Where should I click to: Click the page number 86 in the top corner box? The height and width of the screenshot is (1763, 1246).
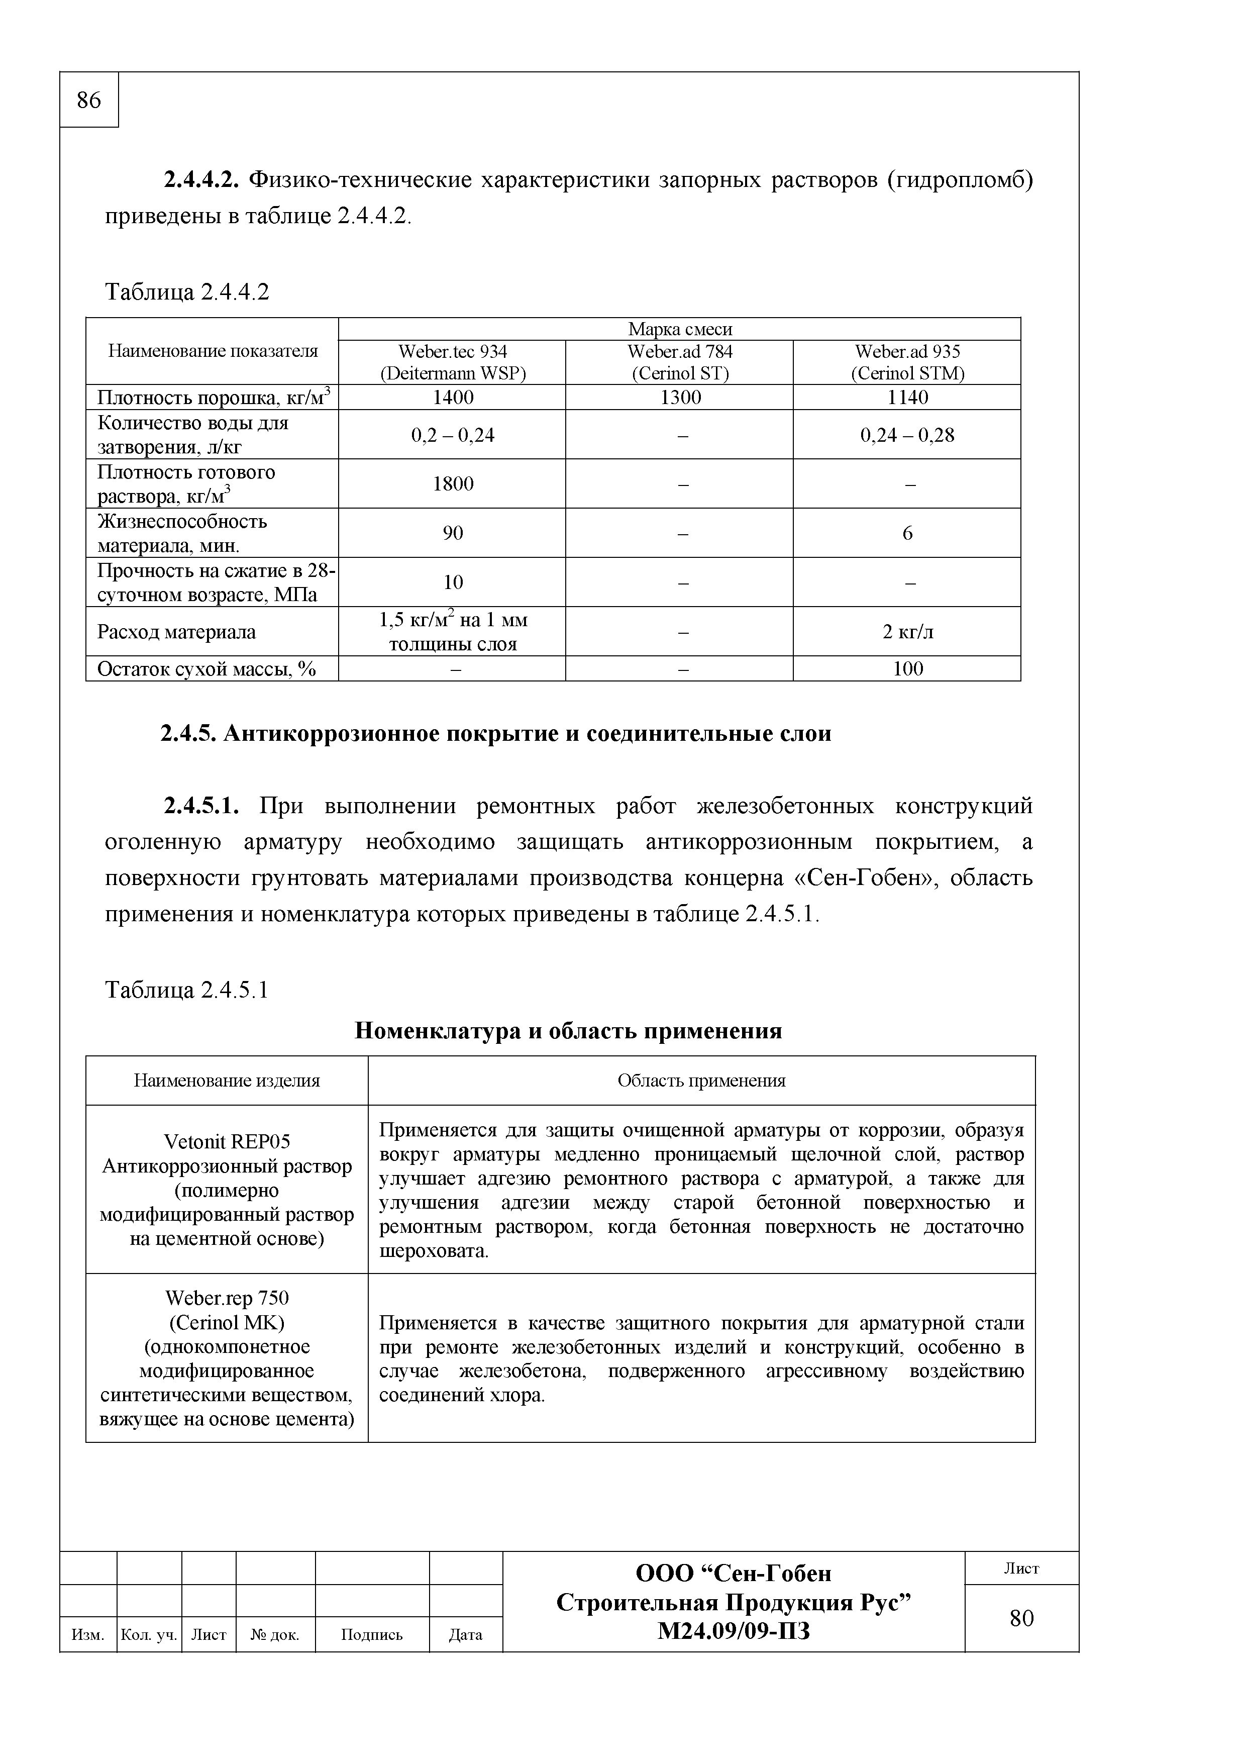pos(88,100)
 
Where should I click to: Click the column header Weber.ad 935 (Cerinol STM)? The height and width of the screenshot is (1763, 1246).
pos(907,362)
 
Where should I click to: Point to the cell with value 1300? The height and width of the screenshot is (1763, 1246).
pos(680,397)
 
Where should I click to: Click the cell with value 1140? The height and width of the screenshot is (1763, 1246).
pos(907,397)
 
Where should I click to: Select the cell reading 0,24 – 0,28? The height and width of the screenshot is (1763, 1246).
pos(907,435)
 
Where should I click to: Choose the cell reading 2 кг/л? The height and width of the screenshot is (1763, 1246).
pos(907,631)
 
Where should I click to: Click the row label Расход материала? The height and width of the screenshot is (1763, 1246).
pos(176,632)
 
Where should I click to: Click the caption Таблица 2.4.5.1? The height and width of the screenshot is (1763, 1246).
pos(186,990)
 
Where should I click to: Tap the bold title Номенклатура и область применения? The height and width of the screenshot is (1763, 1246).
pos(568,1030)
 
